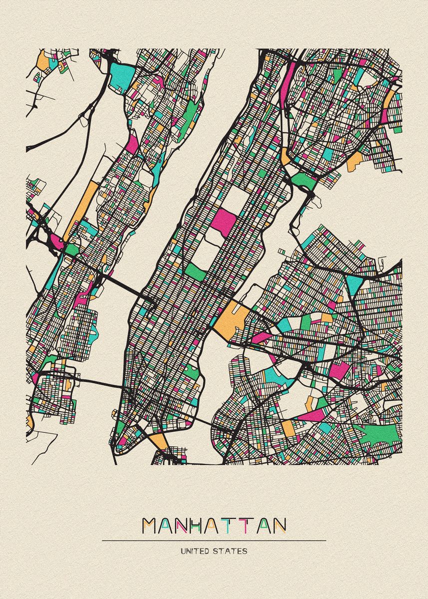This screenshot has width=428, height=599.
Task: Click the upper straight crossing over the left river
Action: pos(125,287)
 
